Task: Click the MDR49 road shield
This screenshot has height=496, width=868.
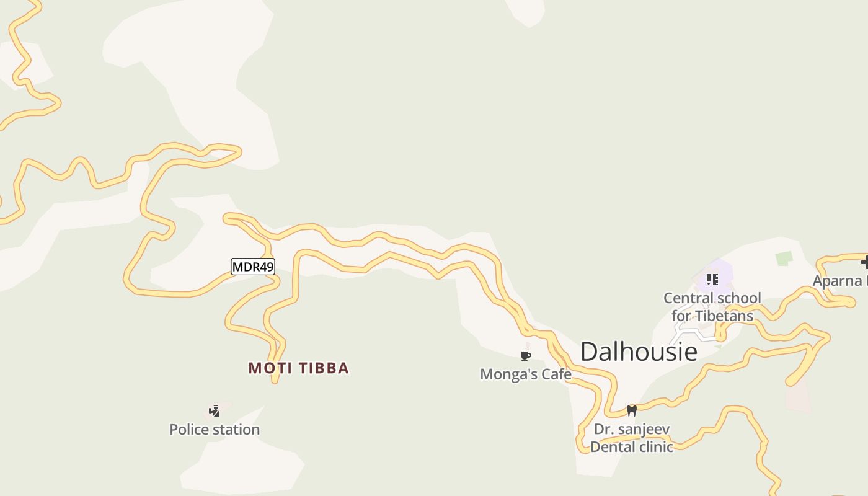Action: click(x=252, y=267)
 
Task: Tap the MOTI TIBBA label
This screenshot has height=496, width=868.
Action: click(x=298, y=368)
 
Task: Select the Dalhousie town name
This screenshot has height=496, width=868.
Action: click(x=639, y=352)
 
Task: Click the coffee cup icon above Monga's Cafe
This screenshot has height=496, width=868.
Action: click(x=526, y=356)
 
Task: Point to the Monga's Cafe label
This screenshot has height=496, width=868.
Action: click(x=526, y=374)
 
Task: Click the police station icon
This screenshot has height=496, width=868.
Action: click(x=215, y=410)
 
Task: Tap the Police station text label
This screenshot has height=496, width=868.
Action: click(x=215, y=430)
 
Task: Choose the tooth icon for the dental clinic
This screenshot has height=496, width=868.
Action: click(x=632, y=410)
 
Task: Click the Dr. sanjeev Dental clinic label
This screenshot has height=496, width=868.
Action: click(x=632, y=438)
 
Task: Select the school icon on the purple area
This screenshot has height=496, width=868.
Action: click(x=712, y=280)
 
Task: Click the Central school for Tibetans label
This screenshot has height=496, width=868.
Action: click(x=712, y=307)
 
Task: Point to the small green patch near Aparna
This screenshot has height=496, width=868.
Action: click(x=784, y=259)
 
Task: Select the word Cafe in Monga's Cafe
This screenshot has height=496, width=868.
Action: click(x=556, y=374)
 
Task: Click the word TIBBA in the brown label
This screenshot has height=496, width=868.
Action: click(x=324, y=368)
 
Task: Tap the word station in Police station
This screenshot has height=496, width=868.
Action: click(x=236, y=430)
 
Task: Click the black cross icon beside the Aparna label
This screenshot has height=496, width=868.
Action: click(x=864, y=263)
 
